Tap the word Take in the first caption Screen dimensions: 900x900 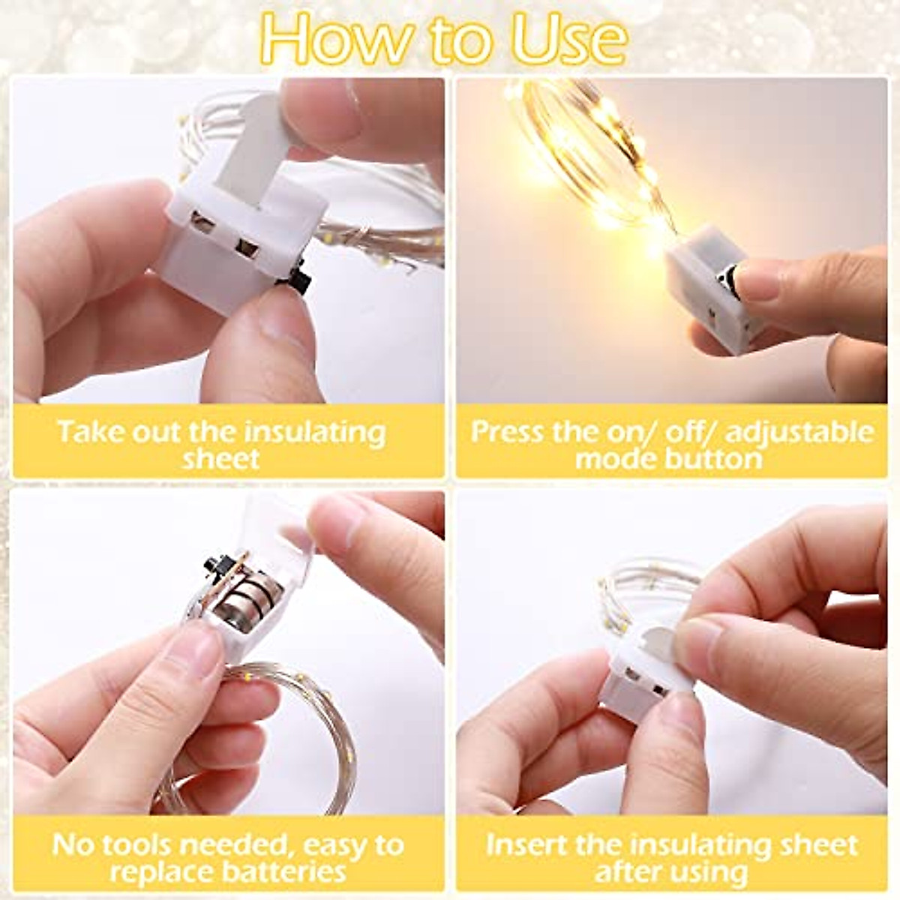pyautogui.click(x=90, y=433)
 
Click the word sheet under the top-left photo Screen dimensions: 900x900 pyautogui.click(x=221, y=459)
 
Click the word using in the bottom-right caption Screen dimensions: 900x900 pyautogui.click(x=706, y=871)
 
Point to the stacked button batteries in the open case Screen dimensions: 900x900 pyautogui.click(x=247, y=600)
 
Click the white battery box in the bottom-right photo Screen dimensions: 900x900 pyautogui.click(x=634, y=686)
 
